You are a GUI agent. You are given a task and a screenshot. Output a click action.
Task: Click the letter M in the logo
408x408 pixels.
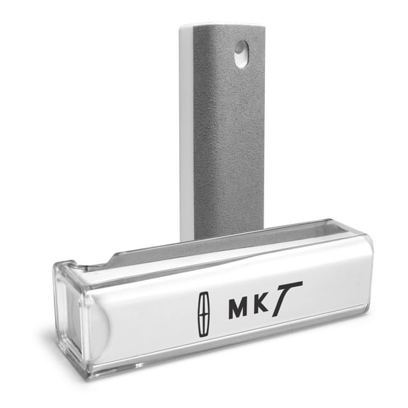pyautogui.click(x=237, y=309)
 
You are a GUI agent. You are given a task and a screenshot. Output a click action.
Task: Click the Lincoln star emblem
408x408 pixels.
pyautogui.click(x=204, y=314)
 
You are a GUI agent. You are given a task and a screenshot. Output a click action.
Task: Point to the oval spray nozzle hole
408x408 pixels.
pyautogui.click(x=242, y=54)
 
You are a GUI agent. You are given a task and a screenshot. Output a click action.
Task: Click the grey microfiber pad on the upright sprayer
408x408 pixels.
pyautogui.click(x=229, y=130)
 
